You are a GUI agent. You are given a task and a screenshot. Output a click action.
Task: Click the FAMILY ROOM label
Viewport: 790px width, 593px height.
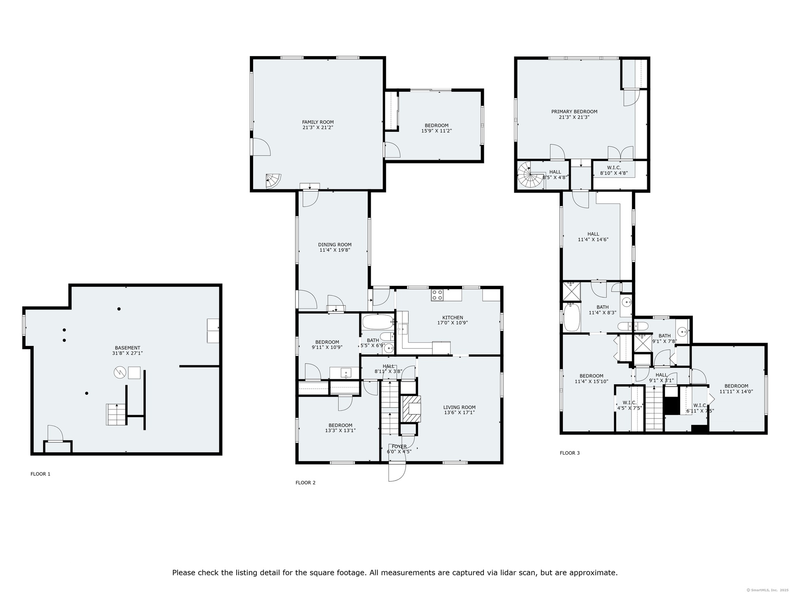318,122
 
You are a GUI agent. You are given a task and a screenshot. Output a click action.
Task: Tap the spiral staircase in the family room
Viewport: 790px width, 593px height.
273,181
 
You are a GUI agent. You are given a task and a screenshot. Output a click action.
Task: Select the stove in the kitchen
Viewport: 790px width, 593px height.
437,295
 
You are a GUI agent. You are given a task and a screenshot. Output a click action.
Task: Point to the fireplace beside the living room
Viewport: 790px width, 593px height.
411,409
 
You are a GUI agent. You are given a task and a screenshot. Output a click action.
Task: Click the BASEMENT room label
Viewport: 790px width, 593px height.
128,348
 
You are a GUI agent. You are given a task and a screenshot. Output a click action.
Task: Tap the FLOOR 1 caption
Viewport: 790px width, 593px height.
40,474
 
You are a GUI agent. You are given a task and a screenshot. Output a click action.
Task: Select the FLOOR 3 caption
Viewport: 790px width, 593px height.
569,453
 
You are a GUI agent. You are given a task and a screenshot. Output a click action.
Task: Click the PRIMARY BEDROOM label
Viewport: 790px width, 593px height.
574,112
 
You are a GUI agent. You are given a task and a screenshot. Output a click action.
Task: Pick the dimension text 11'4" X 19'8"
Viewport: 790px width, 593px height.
335,250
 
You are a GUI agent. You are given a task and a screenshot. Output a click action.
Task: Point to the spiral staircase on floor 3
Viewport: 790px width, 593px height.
531,175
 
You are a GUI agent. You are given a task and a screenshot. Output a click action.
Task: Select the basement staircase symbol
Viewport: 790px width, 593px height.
116,415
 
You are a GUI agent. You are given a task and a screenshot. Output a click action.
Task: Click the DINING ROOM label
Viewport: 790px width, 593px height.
335,245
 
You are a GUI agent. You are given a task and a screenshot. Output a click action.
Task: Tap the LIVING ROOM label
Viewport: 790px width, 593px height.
460,407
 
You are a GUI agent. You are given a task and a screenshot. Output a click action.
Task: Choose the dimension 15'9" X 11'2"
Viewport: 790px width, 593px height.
437,131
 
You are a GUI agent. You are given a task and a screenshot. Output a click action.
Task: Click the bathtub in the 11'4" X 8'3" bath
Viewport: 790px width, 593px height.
572,317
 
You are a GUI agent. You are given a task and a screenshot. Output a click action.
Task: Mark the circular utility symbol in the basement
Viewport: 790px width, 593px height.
120,373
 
